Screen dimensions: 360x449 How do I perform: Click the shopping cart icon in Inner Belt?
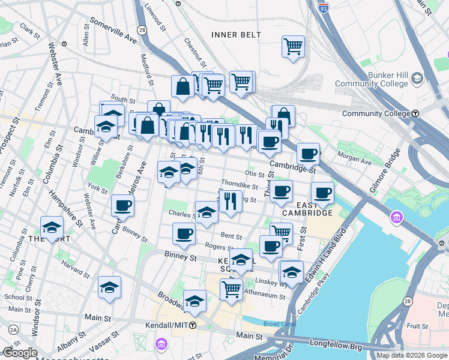(x=293, y=46)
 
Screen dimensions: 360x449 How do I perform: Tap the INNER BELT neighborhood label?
(x=236, y=35)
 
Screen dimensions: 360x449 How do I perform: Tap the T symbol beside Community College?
(x=432, y=113)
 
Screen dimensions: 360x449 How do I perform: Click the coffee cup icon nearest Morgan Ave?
(x=308, y=154)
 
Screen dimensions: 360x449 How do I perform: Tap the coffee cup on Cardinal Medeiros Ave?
(x=122, y=205)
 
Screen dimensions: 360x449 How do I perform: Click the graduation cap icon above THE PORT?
(x=52, y=227)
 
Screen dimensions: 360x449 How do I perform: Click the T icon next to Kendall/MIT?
(x=193, y=325)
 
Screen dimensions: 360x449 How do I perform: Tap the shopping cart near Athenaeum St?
(x=231, y=289)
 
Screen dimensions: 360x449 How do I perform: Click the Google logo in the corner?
(x=19, y=353)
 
